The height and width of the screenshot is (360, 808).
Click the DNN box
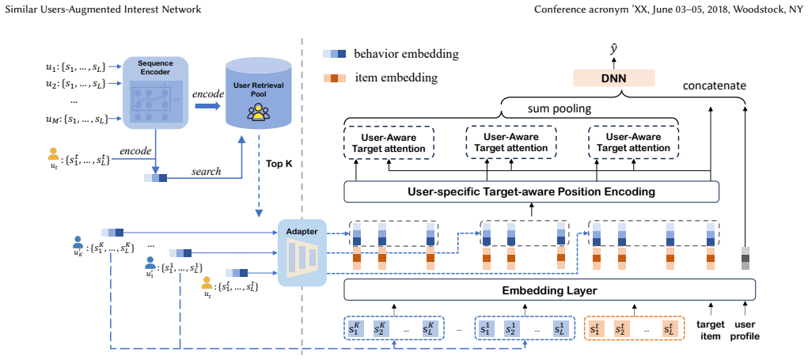[613, 79]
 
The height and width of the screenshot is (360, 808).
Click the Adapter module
[302, 252]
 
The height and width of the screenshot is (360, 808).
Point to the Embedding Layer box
[548, 290]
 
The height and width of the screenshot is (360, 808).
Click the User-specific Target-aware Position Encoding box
[531, 192]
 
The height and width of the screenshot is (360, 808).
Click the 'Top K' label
[279, 164]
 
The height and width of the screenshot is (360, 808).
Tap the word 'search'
[206, 172]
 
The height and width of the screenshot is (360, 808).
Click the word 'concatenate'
[714, 85]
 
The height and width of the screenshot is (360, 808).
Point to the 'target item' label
[711, 330]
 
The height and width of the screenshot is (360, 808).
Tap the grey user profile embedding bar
[745, 258]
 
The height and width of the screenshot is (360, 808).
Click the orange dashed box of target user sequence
[633, 328]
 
